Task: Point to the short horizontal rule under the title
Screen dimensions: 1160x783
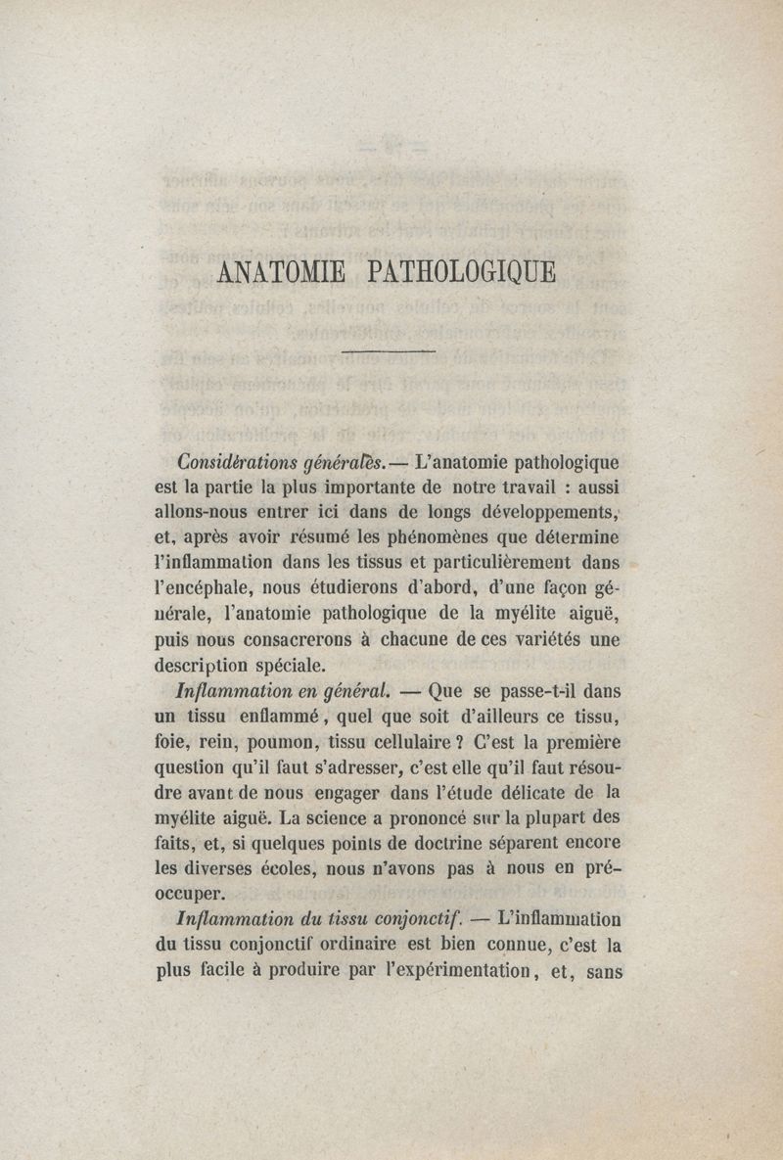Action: click(389, 349)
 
